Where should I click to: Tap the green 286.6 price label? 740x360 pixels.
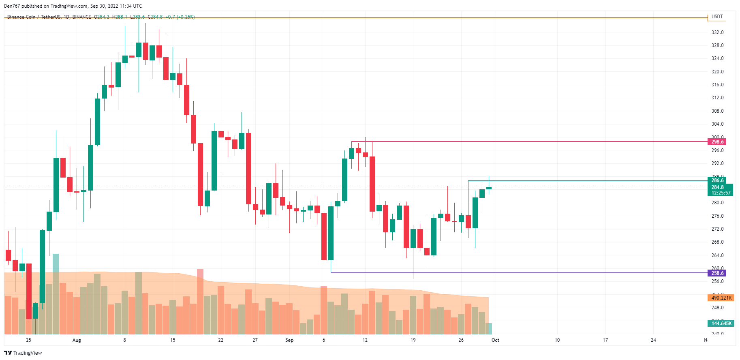click(x=717, y=180)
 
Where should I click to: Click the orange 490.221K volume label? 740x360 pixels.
click(x=721, y=298)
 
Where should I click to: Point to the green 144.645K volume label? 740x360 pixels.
click(x=721, y=324)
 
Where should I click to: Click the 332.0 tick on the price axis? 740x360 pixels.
click(x=717, y=32)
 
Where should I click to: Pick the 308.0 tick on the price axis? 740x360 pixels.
click(x=717, y=111)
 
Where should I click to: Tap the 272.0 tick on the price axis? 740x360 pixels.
click(x=717, y=229)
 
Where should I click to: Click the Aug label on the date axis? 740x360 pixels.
click(x=77, y=340)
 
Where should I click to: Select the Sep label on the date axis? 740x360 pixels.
click(x=289, y=340)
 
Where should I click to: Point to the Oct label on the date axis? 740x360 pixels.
click(x=495, y=340)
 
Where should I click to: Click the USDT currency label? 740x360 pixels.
click(x=717, y=17)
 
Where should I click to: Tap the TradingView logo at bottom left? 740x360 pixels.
click(x=23, y=353)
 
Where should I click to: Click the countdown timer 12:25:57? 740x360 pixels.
click(x=721, y=193)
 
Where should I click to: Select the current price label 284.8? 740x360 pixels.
click(x=717, y=187)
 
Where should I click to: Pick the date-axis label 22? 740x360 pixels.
click(x=220, y=340)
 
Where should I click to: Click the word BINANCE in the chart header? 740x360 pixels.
click(x=81, y=17)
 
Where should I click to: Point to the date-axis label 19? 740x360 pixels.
click(x=413, y=340)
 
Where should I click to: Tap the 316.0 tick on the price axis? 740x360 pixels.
click(x=717, y=85)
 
